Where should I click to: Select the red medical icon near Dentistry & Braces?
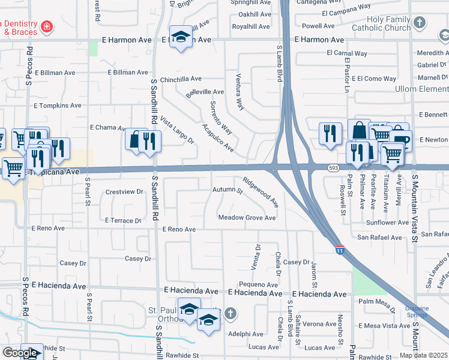(46, 26)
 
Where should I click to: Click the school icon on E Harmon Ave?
(180, 37)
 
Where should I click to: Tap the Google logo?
(20, 353)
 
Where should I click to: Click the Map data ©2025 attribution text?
(424, 355)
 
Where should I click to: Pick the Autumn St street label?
(227, 191)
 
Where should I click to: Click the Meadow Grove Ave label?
(247, 218)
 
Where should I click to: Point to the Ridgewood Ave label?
(261, 192)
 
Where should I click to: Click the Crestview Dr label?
(124, 192)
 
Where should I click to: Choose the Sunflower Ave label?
(387, 223)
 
